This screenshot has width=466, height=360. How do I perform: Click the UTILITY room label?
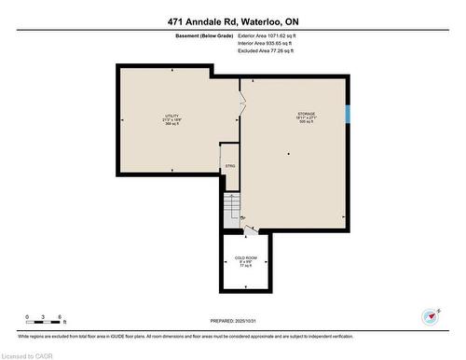(171, 116)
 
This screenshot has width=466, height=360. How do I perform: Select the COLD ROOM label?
(247, 257)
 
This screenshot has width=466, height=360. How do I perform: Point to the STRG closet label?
(229, 166)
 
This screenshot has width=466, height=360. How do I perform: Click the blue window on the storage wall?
(349, 115)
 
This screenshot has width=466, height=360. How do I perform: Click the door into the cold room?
(247, 229)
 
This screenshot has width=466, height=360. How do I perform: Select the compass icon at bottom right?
(431, 314)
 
